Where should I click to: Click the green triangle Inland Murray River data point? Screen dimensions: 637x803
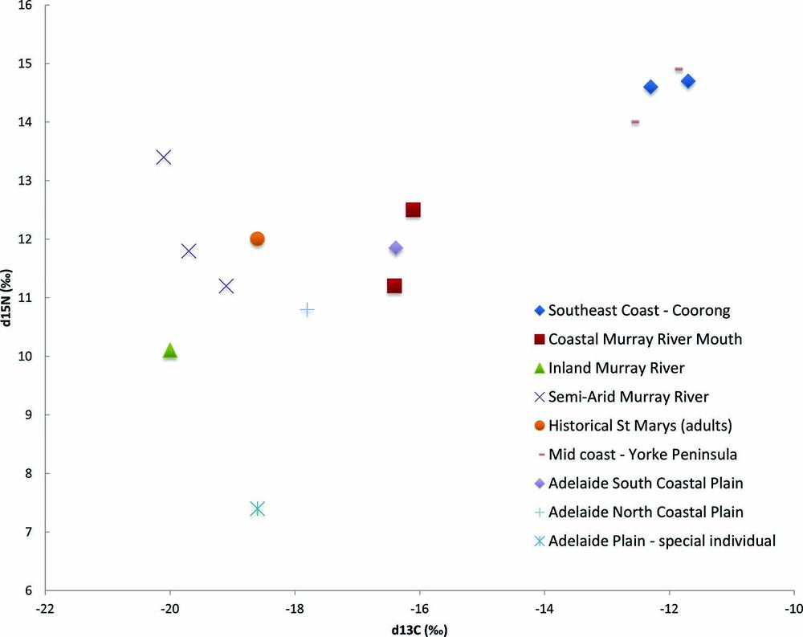point(169,350)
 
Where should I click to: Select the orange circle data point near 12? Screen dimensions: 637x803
point(257,239)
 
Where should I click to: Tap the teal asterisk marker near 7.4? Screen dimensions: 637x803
point(257,508)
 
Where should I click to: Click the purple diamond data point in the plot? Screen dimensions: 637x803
point(395,248)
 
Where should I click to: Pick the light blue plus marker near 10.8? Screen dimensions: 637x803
point(307,309)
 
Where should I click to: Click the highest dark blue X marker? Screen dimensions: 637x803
point(163,157)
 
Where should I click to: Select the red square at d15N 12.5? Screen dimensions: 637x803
point(413,210)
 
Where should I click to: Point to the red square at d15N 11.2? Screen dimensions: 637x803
point(394,286)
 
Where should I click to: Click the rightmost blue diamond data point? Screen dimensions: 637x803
point(687,81)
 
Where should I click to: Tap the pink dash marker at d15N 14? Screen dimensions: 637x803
point(634,122)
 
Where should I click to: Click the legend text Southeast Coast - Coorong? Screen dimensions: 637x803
point(640,310)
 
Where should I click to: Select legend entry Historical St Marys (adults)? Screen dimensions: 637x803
point(645,425)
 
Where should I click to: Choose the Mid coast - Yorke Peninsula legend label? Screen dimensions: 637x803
point(642,454)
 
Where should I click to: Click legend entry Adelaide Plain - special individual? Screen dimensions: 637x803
point(662,541)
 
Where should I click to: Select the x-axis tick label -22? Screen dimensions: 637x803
point(45,609)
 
